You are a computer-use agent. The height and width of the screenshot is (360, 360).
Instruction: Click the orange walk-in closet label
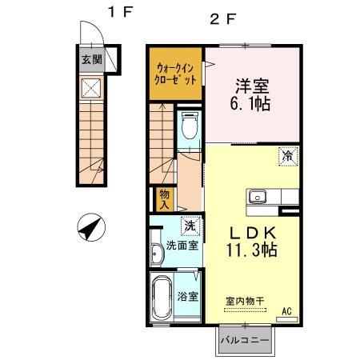(174, 74)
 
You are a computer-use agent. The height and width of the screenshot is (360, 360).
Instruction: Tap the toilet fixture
(190, 126)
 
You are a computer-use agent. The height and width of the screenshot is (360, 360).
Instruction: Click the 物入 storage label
(164, 198)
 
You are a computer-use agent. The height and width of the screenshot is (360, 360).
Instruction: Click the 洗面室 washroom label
(182, 245)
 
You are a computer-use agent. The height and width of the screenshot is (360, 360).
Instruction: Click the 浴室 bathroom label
(189, 296)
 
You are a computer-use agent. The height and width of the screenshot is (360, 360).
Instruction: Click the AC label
(286, 310)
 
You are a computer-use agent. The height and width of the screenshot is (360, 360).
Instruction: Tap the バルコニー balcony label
(246, 342)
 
